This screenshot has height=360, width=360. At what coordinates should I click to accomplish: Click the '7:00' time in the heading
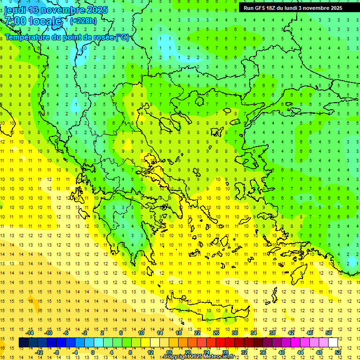coord(15,21)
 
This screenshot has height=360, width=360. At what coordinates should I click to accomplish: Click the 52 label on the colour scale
coord(338,352)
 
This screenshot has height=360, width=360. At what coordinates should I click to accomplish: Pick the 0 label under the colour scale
coord(92,352)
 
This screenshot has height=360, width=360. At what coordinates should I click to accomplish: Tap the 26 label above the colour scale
coord(216,333)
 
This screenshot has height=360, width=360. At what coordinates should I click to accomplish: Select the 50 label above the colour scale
coord(329,333)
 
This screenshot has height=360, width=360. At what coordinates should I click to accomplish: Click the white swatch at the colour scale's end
coord(333,343)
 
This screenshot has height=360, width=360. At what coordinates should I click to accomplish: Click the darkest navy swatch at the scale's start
coord(24,343)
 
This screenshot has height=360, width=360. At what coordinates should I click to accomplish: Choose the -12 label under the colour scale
coord(39,352)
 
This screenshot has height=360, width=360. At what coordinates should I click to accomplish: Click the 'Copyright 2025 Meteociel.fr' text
coord(199,357)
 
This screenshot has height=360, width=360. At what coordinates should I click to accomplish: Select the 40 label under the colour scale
coord(282,352)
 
